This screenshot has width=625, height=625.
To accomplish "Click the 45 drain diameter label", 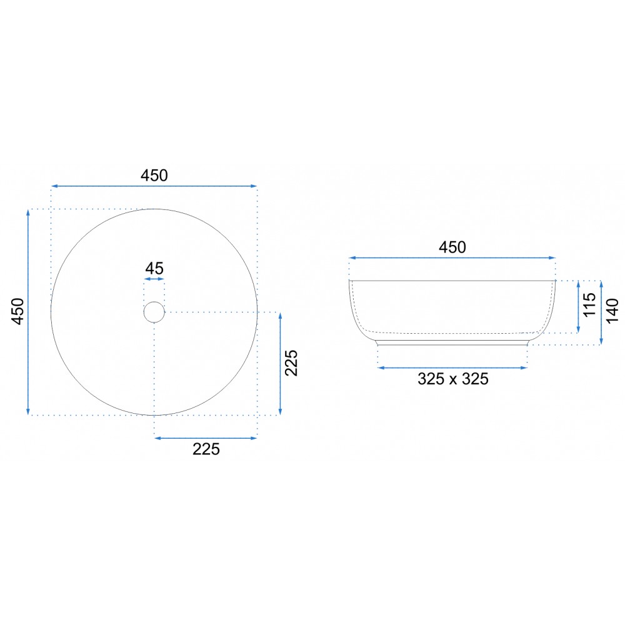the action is click(x=154, y=269).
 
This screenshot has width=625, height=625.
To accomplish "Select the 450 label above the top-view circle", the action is click(x=154, y=176).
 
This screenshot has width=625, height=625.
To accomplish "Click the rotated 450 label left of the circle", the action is click(x=18, y=311).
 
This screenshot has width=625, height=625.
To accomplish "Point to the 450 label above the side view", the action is click(x=452, y=247).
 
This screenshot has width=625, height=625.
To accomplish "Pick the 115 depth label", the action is click(x=589, y=305).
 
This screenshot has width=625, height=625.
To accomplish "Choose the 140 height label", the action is click(x=612, y=311).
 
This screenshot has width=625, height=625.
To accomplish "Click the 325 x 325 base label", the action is click(x=452, y=379).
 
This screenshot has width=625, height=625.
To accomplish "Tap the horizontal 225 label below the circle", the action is click(x=206, y=449).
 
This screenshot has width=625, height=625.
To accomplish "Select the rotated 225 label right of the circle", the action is click(x=291, y=363).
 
